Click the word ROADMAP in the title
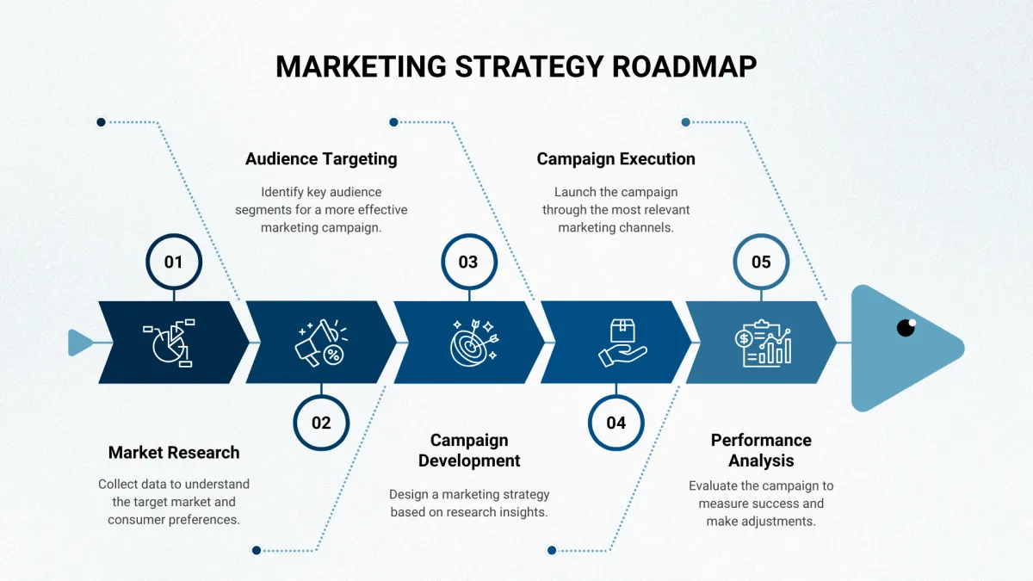tap(684, 66)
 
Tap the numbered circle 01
tap(174, 262)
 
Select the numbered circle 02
tap(321, 423)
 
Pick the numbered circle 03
tap(469, 262)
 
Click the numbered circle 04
tap(616, 423)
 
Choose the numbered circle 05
tap(761, 262)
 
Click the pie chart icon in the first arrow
tap(170, 343)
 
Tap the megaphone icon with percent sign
tap(321, 343)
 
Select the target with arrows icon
tap(474, 343)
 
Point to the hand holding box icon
tap(622, 343)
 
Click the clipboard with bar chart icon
tap(764, 343)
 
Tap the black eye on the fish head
tap(906, 327)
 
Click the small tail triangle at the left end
tap(80, 343)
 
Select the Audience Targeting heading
tap(321, 158)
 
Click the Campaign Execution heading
tap(616, 158)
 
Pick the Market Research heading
tap(174, 453)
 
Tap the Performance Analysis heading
tap(761, 450)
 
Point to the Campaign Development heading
tap(469, 450)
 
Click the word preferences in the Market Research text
tap(203, 520)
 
